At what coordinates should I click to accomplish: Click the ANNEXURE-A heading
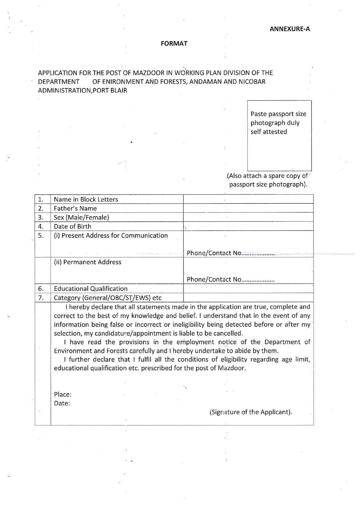coord(290,29)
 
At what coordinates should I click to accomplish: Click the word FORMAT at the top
coord(174,44)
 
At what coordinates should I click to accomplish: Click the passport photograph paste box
coord(279,136)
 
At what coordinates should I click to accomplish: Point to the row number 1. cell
coord(41,199)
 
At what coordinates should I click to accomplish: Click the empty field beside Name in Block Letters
coord(248,199)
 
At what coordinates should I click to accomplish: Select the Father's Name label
coord(75,208)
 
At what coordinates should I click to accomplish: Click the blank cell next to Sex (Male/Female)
coord(248,217)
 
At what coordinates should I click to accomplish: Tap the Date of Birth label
coord(73,226)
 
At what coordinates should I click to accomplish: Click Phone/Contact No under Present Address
coord(214,253)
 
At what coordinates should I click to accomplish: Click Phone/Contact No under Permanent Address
coord(214,279)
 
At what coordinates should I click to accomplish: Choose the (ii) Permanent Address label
coord(88,262)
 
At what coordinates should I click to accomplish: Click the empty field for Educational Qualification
coord(248,288)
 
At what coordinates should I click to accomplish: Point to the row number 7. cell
coord(41,298)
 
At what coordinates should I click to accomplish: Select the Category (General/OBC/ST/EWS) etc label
coord(108,298)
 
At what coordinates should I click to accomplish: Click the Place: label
coord(63,394)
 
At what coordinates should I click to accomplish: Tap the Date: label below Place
coord(62,403)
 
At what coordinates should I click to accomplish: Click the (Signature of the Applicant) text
coord(251,412)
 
